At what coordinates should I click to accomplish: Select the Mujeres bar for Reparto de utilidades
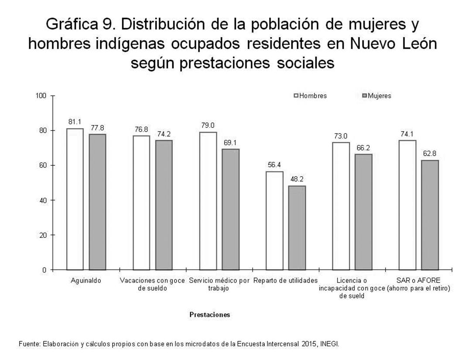(297, 228)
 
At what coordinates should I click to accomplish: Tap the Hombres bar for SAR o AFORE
(407, 205)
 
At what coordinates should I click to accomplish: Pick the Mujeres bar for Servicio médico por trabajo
(231, 209)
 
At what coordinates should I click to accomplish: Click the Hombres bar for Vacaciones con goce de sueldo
(141, 202)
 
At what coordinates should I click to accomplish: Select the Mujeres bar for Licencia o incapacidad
(363, 212)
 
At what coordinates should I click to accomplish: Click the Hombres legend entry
(311, 96)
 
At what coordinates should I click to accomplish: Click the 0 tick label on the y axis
(44, 270)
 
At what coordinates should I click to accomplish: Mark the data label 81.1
(75, 122)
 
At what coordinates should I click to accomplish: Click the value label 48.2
(297, 179)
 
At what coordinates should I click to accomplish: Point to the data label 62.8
(430, 154)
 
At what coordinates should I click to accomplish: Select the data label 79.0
(208, 126)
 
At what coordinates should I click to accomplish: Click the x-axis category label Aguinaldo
(86, 281)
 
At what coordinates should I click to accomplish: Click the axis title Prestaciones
(210, 315)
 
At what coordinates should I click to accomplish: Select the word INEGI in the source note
(330, 344)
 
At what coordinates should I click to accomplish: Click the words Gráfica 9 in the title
(82, 24)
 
